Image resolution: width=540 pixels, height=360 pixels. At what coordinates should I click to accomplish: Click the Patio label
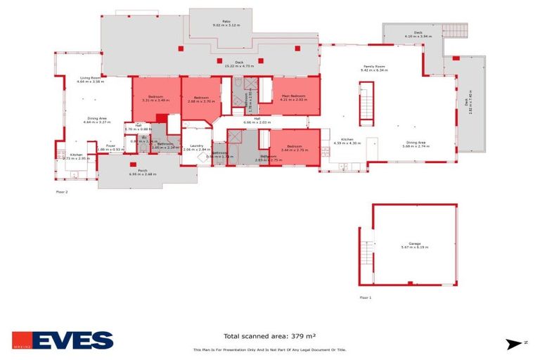(226, 22)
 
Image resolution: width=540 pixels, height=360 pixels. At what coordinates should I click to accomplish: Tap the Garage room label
(413, 245)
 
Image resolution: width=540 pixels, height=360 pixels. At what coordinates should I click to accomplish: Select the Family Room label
(374, 68)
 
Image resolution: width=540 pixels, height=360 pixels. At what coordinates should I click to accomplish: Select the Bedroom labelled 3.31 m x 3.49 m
(155, 98)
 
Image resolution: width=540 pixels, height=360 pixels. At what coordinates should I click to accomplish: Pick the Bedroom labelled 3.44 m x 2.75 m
(294, 148)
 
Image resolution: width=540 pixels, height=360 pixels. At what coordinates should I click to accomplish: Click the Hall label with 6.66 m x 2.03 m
(257, 120)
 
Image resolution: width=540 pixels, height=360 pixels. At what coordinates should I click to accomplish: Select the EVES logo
(63, 341)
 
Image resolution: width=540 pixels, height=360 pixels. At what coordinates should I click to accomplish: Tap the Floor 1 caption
(365, 297)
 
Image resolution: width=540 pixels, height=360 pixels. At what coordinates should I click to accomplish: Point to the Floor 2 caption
(62, 191)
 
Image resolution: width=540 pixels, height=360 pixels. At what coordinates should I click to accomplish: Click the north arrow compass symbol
(516, 342)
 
